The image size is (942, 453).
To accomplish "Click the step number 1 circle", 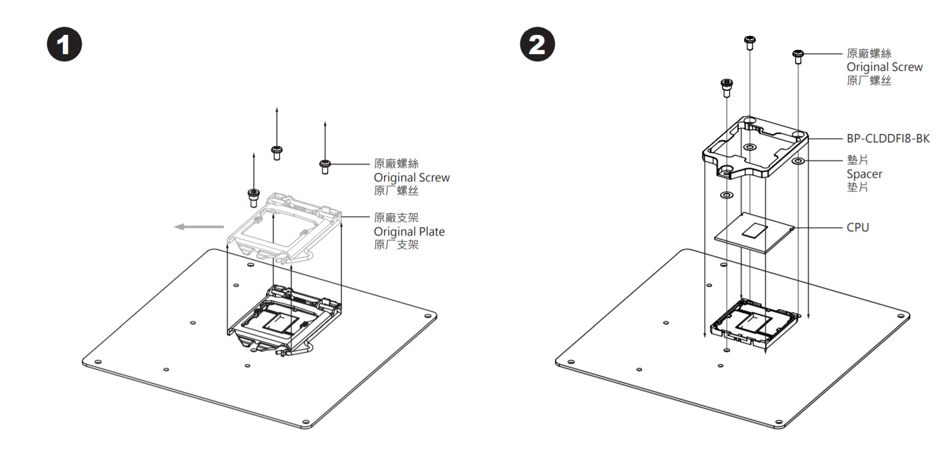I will [x=65, y=45].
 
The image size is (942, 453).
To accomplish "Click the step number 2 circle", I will [x=537, y=45].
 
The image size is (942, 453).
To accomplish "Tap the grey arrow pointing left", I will [x=199, y=227].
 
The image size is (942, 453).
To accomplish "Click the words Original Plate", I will [x=409, y=231].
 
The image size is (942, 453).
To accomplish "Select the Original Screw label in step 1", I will [x=412, y=177].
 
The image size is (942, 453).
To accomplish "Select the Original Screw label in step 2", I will [x=884, y=67].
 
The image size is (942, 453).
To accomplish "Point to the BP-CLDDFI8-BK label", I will [x=888, y=139].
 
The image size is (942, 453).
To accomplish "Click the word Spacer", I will [x=864, y=174].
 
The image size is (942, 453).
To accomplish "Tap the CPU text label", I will [x=857, y=228].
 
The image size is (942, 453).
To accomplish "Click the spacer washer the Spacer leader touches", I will [x=798, y=162].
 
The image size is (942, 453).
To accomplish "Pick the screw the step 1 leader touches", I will [x=325, y=165].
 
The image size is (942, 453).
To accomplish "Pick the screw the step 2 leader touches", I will [x=798, y=56].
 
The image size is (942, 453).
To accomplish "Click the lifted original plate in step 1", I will [x=285, y=227].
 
